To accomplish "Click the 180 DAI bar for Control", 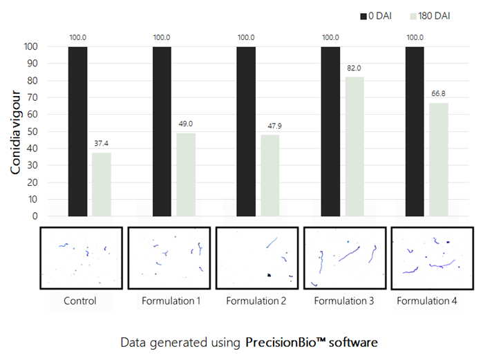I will [101, 184].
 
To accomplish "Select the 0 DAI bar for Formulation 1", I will [162, 131].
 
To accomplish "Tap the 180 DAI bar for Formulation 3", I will [354, 146].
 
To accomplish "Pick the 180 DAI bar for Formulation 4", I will [439, 159].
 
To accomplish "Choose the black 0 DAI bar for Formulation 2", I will [246, 131].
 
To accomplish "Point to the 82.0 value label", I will [354, 68].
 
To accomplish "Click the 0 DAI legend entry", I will [371, 15].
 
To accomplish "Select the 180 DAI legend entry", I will [428, 15].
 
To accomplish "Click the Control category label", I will [80, 301].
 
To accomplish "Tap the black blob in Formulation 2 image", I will [268, 275].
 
